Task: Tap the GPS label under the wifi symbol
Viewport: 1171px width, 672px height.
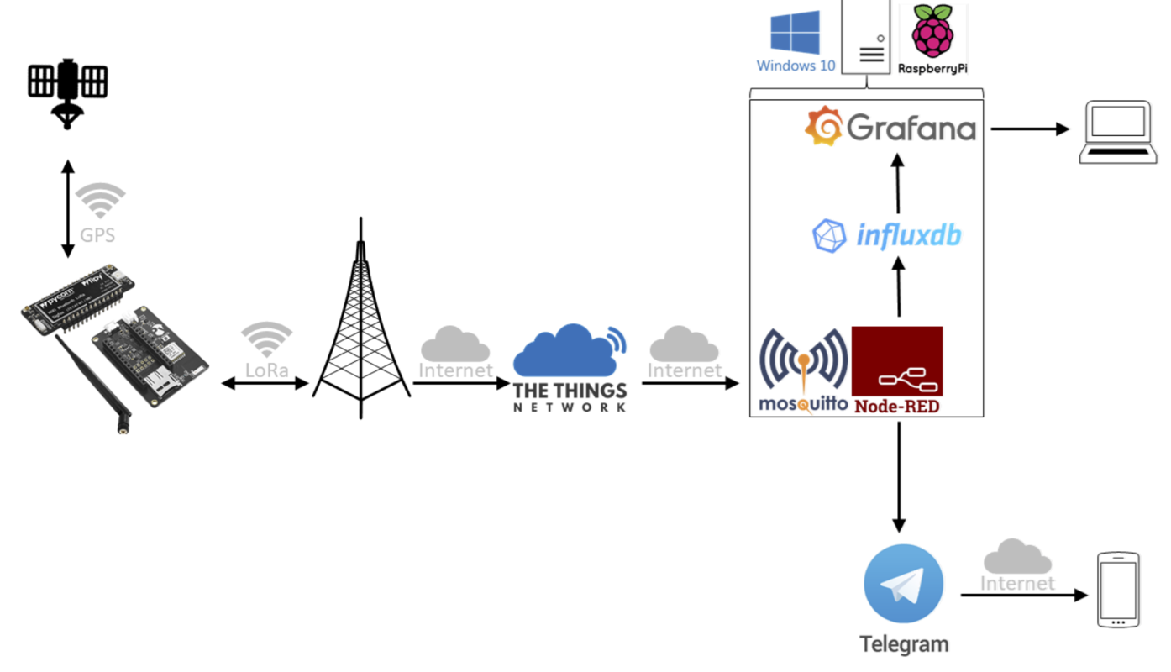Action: pos(97,234)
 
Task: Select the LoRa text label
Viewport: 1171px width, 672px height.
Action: pos(267,370)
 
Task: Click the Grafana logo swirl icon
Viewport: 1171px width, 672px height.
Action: pos(823,126)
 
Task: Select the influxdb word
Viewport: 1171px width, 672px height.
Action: pos(908,235)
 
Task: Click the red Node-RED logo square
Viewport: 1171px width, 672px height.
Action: pos(897,361)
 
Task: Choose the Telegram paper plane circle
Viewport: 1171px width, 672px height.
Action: pos(903,585)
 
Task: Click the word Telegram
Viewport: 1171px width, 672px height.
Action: pos(904,644)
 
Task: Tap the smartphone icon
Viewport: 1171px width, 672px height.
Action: pos(1119,590)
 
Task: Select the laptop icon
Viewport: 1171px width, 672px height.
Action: pos(1117,131)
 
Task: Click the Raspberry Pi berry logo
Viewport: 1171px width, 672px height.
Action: pos(932,32)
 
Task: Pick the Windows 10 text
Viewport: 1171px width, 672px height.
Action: pos(796,66)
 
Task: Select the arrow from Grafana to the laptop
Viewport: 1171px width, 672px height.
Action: pos(1029,129)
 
